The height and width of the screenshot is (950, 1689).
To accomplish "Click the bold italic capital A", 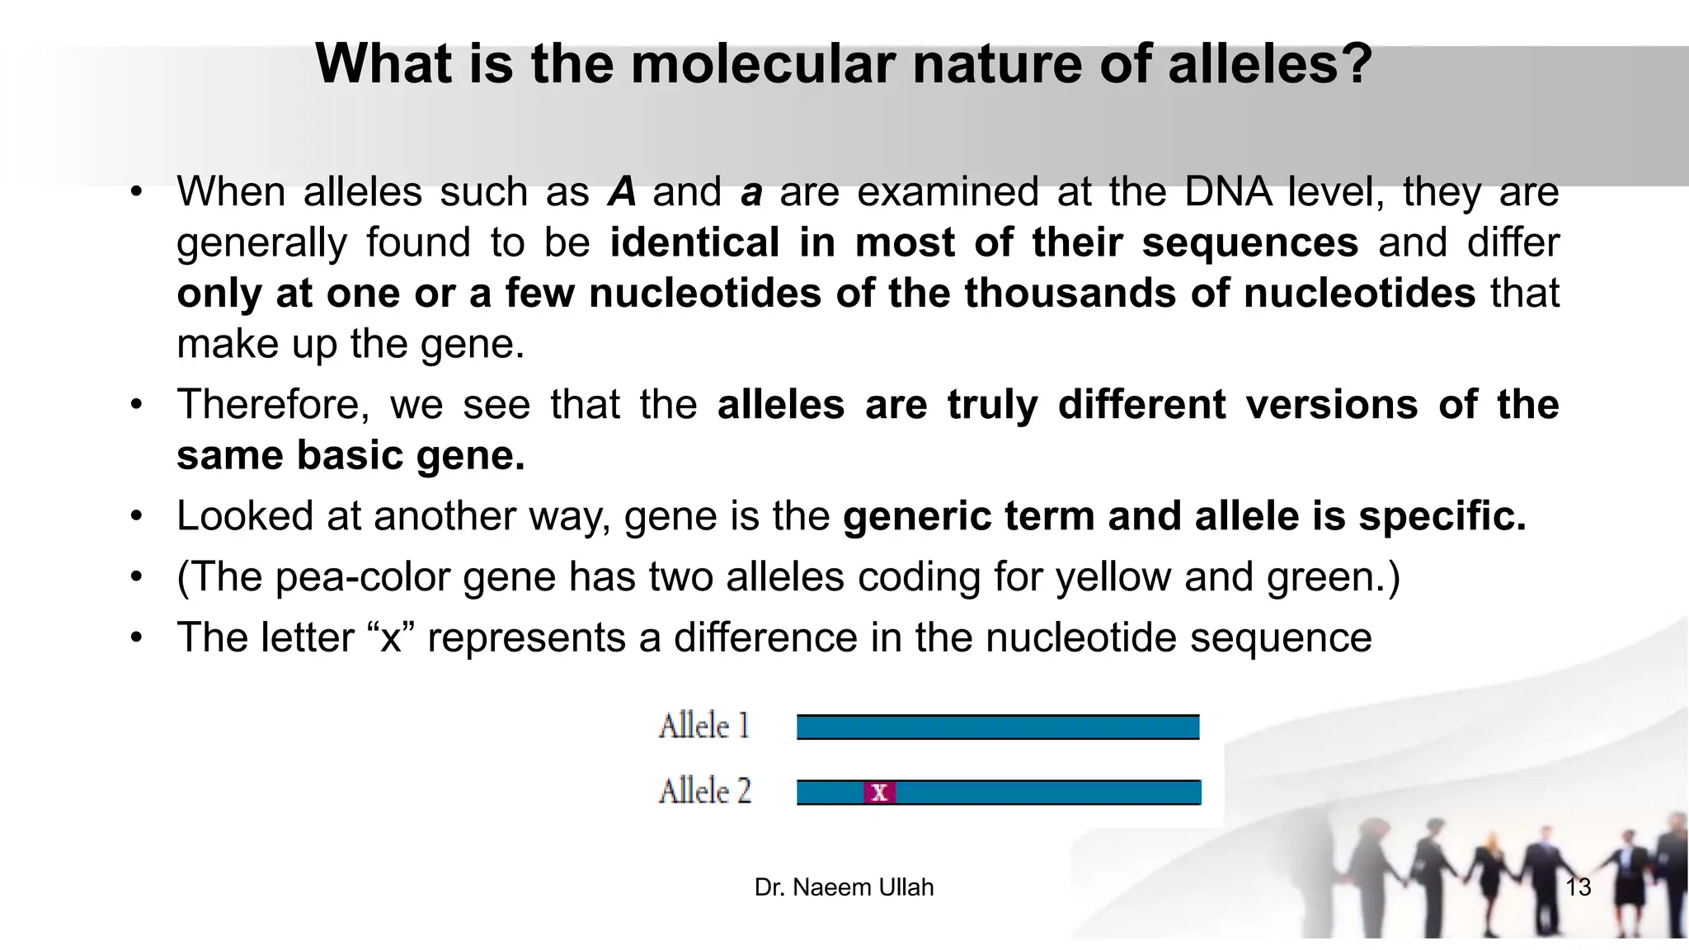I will tap(622, 192).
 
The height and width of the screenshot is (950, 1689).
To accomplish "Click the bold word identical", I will tap(694, 242).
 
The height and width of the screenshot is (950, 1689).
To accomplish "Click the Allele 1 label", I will tap(704, 727).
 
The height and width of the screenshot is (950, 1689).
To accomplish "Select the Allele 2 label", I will tap(705, 792).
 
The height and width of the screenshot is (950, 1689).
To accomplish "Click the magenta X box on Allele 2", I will tap(879, 792).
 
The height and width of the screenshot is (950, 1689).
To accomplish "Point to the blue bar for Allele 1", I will tap(998, 727).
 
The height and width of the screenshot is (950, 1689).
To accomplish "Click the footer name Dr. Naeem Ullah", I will tap(844, 887).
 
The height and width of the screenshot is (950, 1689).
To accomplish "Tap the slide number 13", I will tap(1578, 887).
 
